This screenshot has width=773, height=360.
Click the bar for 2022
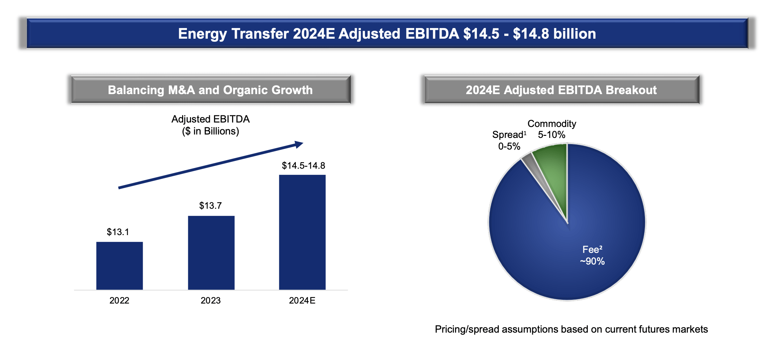(119, 266)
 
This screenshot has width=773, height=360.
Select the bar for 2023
(211, 253)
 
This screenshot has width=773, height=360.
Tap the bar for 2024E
(302, 232)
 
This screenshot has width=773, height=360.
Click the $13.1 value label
(118, 232)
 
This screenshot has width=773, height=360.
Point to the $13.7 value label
(211, 206)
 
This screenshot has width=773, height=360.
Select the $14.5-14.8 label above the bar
(303, 166)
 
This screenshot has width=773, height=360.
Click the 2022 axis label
(119, 300)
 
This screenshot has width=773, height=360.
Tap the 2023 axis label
(211, 300)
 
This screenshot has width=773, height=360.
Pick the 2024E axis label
(302, 300)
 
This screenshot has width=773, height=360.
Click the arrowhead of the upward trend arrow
(299, 144)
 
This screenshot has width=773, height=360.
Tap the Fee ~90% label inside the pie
(592, 255)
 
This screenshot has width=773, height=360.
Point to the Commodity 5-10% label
(552, 129)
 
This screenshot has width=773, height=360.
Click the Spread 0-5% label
(509, 140)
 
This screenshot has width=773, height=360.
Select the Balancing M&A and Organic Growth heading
(210, 90)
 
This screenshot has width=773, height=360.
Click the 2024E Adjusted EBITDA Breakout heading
(561, 90)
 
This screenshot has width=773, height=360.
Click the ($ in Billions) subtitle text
(211, 131)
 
